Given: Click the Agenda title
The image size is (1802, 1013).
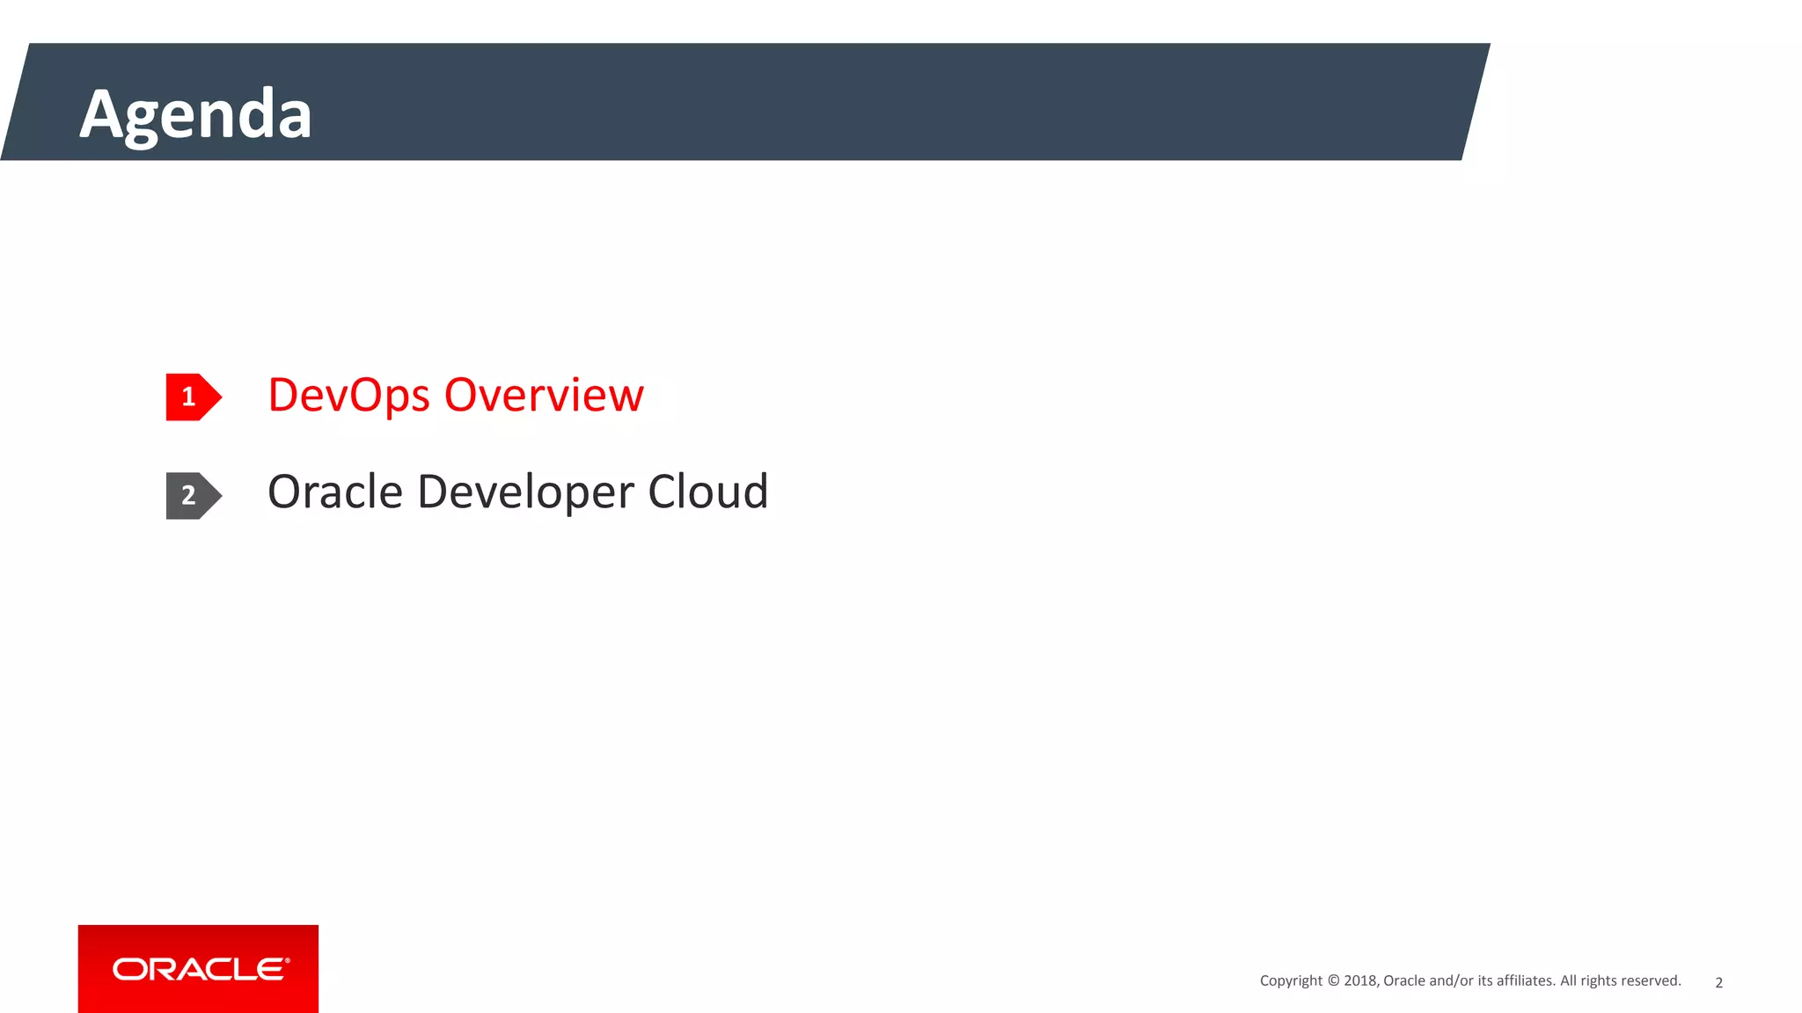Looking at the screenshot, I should point(195,114).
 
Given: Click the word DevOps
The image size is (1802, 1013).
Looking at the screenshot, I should point(348,396).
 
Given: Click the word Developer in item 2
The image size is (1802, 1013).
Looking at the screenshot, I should point(525,492).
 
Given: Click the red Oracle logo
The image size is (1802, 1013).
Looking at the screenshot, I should point(198,968).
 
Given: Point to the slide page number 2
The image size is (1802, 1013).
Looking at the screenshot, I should point(1718,982).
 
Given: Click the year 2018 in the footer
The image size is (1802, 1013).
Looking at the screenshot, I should point(1360,980).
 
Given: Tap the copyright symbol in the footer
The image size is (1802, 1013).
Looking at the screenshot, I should point(1333,980).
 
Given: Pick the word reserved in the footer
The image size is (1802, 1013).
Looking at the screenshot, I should point(1652,980).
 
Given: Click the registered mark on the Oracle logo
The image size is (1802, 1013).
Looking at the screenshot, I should point(287,960).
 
